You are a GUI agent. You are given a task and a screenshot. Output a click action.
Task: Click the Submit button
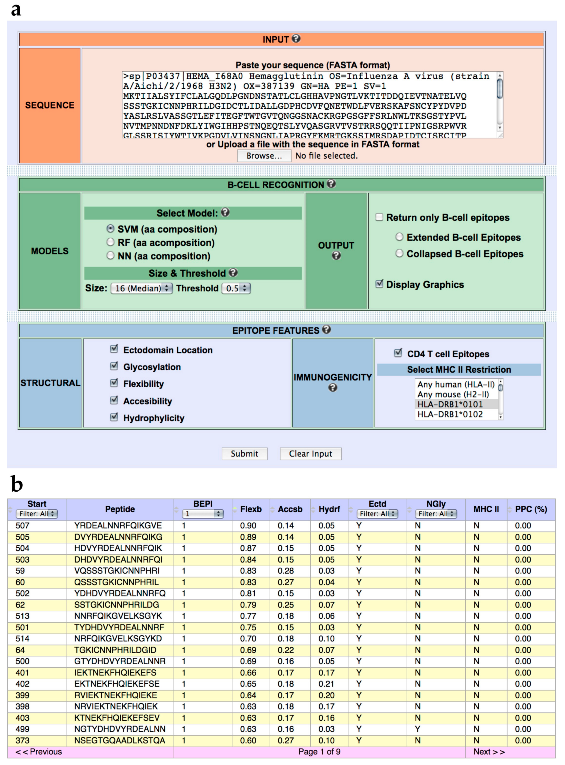point(244,454)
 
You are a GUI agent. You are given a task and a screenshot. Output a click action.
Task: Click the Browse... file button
point(264,156)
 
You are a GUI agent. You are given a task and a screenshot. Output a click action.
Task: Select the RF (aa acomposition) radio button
point(110,242)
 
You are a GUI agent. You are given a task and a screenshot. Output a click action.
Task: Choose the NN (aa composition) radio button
point(110,255)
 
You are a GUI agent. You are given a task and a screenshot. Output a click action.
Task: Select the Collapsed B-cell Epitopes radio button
point(399,253)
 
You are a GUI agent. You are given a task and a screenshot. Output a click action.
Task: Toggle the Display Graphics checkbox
point(379,284)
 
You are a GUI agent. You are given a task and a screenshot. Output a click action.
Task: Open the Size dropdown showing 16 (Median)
point(141,288)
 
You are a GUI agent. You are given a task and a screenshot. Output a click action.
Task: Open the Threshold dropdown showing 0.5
point(236,288)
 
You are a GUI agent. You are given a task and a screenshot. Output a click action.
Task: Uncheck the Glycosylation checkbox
point(114,366)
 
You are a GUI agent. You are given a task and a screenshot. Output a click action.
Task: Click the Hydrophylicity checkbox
point(114,417)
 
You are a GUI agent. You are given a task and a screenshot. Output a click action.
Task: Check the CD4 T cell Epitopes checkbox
point(398,353)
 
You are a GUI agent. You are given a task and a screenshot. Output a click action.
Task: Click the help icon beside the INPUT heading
point(296,39)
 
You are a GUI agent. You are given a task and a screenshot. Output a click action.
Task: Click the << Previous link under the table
point(39,752)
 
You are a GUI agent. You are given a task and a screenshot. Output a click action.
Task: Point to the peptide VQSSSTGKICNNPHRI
point(117,571)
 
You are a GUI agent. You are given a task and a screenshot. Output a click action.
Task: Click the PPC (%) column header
point(531,509)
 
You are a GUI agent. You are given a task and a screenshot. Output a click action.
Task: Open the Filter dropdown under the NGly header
point(436,514)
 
